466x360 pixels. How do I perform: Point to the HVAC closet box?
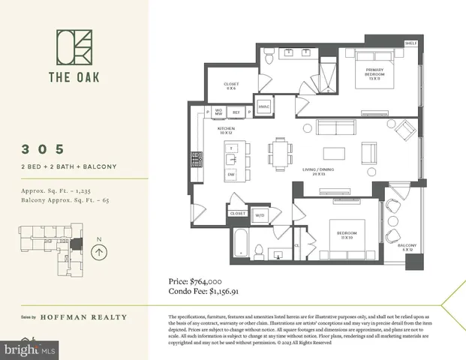[263, 106]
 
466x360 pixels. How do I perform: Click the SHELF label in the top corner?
[410, 43]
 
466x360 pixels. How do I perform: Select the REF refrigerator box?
[236, 112]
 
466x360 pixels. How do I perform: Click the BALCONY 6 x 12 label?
[407, 248]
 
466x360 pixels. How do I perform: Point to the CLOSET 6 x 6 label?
[231, 85]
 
